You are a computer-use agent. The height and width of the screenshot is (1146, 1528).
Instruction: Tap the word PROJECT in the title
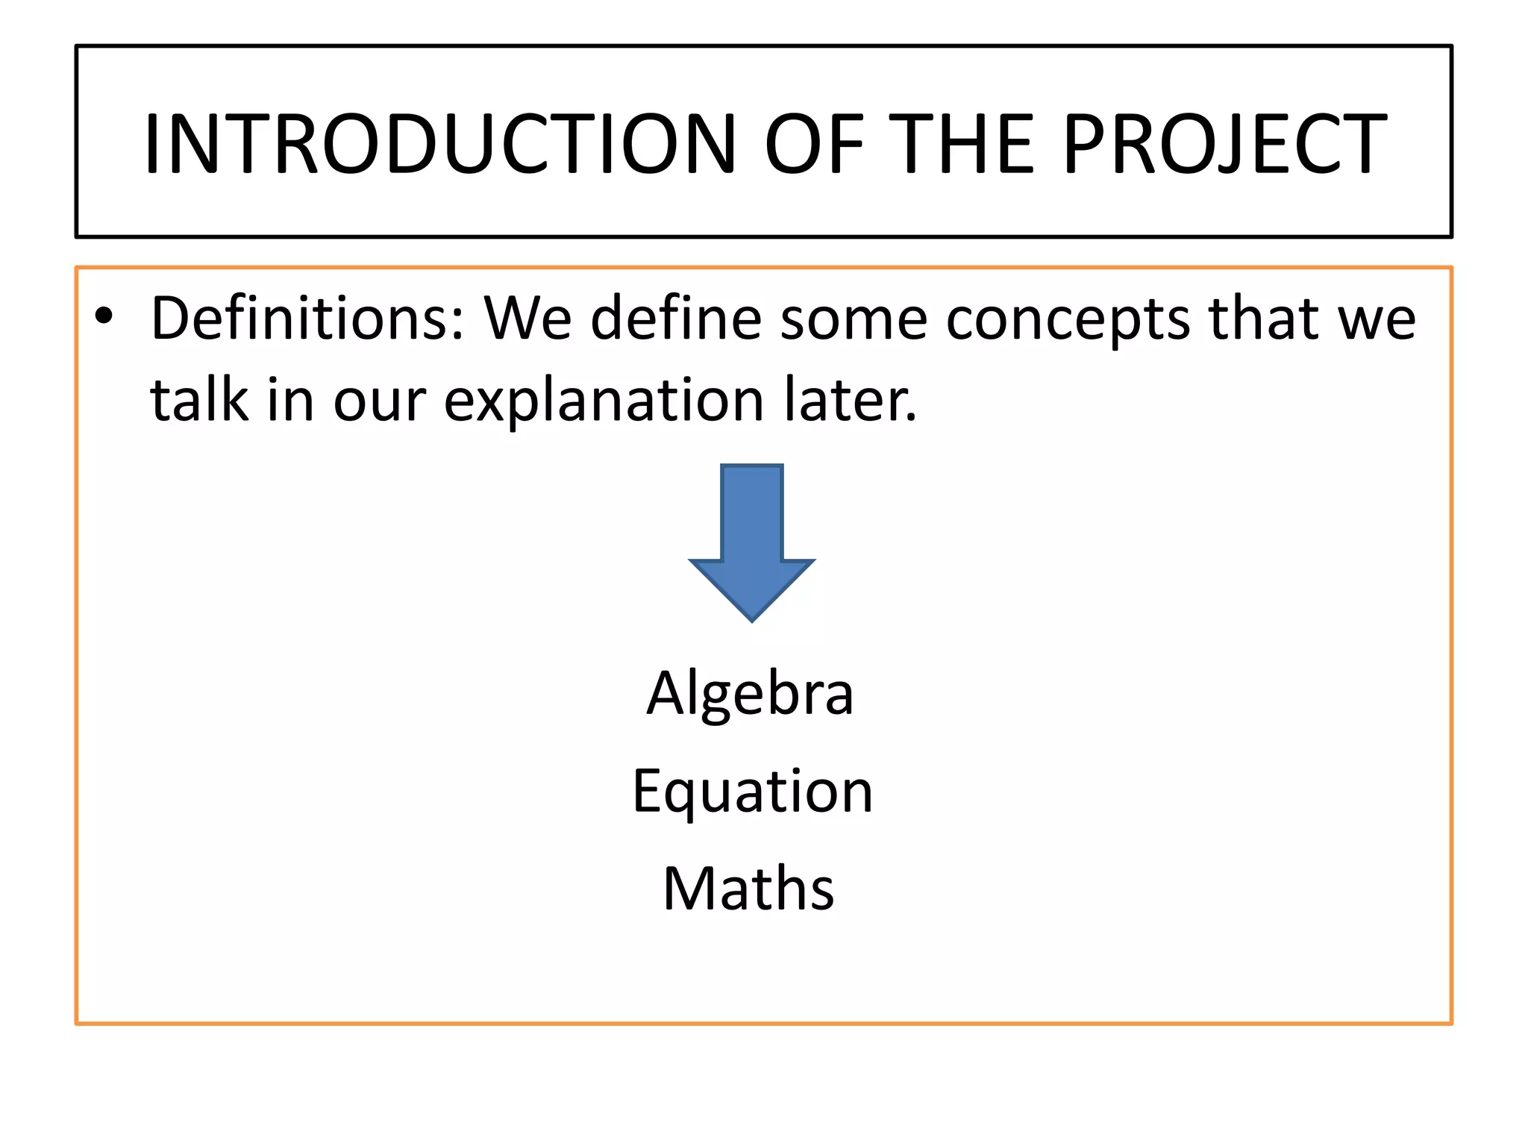pos(1224,143)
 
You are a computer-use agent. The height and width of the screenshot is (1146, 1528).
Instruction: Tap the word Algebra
pos(750,693)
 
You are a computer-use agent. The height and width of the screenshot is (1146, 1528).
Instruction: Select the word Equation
pos(752,792)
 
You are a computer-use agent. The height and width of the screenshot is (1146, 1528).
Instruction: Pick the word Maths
pos(748,889)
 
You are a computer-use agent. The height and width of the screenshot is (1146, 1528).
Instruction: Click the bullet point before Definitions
pos(104,318)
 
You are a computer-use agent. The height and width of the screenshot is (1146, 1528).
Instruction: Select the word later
pos(851,400)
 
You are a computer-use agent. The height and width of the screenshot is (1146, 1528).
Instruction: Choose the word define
pos(674,318)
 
